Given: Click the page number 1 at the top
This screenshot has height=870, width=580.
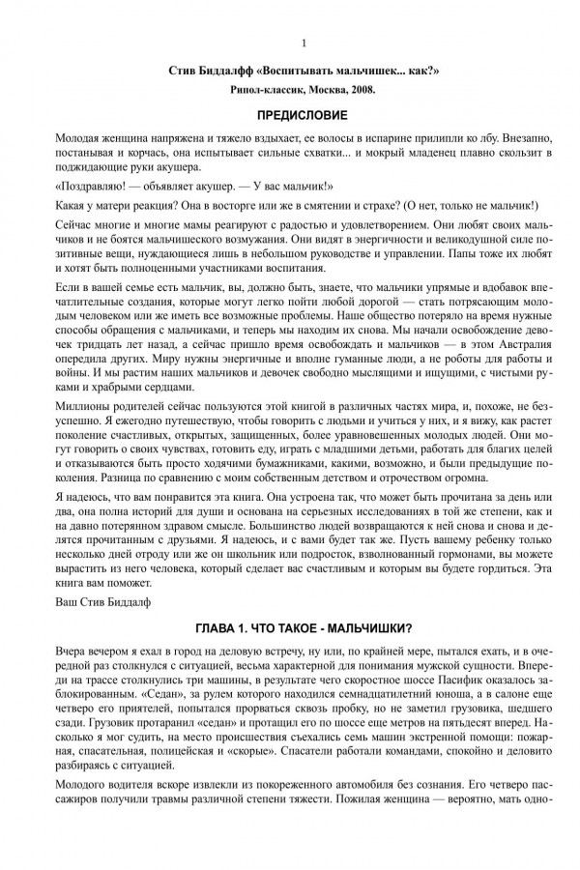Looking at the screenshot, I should click(x=304, y=43).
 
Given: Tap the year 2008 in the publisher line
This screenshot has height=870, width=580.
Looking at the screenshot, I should click(x=359, y=91).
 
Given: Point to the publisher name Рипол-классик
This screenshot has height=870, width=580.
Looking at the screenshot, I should click(x=263, y=91).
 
